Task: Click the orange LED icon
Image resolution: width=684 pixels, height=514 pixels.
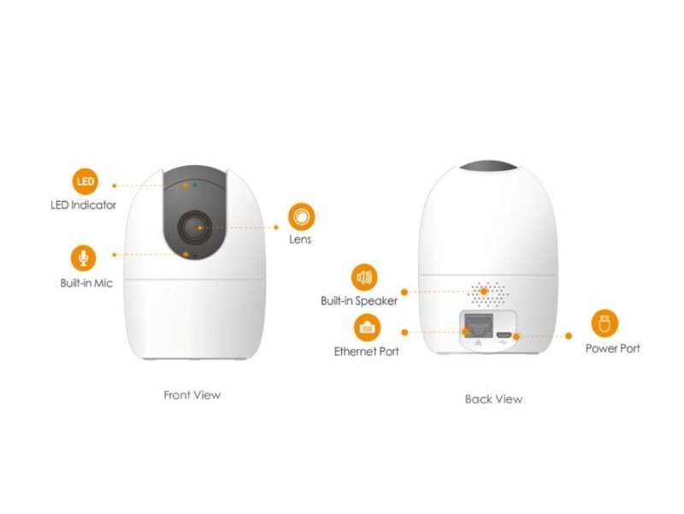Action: [84, 181]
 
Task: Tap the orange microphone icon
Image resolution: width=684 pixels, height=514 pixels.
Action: [84, 256]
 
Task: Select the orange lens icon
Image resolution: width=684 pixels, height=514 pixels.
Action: [301, 215]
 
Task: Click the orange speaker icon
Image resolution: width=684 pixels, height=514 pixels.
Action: [364, 277]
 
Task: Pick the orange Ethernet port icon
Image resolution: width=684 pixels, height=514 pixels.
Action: [369, 327]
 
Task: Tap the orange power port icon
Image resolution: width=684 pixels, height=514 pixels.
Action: [604, 323]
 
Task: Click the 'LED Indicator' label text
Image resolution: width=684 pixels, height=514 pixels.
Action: [83, 205]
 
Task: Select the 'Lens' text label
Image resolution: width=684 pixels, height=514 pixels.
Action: [300, 239]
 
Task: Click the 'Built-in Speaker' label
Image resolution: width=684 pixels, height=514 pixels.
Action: [359, 301]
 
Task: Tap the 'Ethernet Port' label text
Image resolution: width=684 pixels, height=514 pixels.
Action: [366, 352]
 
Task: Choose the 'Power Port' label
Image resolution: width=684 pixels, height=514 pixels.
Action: [612, 348]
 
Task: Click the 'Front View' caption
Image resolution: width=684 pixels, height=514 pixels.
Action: [192, 395]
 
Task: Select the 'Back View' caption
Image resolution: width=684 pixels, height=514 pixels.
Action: [493, 399]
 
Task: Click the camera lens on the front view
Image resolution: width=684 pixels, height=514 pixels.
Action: [194, 227]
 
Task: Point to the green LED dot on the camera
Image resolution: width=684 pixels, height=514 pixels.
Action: [195, 184]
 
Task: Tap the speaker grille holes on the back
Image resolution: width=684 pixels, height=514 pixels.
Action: [488, 290]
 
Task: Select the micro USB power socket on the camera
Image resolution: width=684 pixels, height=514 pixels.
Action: [504, 333]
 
